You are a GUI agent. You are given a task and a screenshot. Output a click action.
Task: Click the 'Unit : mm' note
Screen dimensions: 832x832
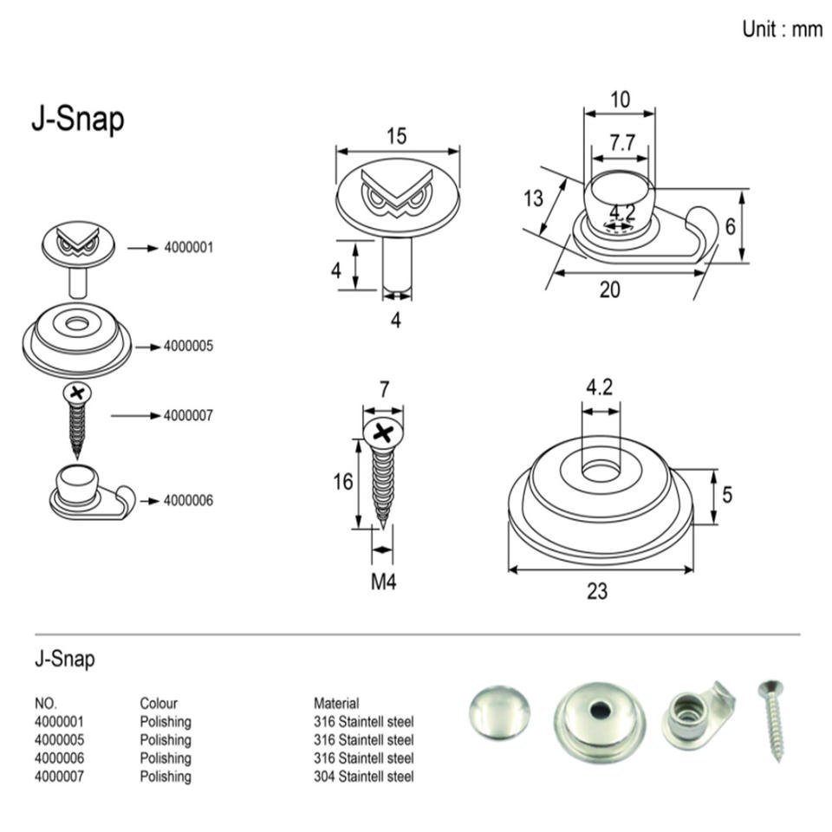[782, 29]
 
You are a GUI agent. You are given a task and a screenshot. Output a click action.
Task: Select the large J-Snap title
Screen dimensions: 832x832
[77, 120]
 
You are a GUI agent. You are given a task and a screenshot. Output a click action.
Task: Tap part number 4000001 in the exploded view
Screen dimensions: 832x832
[188, 248]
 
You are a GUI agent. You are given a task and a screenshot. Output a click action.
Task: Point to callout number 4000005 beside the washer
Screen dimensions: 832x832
[188, 347]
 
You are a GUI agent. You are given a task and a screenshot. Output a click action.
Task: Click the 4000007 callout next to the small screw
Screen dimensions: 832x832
[188, 416]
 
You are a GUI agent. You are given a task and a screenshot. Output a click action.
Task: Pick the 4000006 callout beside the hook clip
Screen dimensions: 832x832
[188, 501]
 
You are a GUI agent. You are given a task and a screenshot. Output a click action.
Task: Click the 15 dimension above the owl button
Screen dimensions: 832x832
[396, 136]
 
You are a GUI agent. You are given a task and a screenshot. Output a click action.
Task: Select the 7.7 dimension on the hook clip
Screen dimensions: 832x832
[621, 143]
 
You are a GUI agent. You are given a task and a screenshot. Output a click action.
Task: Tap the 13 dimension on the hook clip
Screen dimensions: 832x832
[533, 198]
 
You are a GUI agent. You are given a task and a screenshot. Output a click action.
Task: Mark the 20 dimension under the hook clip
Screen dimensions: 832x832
[610, 289]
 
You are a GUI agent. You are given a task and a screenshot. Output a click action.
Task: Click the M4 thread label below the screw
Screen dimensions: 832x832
[383, 582]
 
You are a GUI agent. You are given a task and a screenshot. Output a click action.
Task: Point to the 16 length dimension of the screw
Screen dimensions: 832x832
[343, 481]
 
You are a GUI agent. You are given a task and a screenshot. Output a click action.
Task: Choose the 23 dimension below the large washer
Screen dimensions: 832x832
[597, 592]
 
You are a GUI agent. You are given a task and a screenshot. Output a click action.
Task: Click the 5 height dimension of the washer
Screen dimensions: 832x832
[727, 495]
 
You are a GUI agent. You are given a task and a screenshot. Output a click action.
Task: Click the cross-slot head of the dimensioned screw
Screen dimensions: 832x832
[380, 432]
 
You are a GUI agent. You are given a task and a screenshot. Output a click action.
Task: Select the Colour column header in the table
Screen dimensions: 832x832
[159, 703]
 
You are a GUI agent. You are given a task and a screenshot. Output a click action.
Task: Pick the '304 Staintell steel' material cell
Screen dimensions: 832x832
[364, 777]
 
